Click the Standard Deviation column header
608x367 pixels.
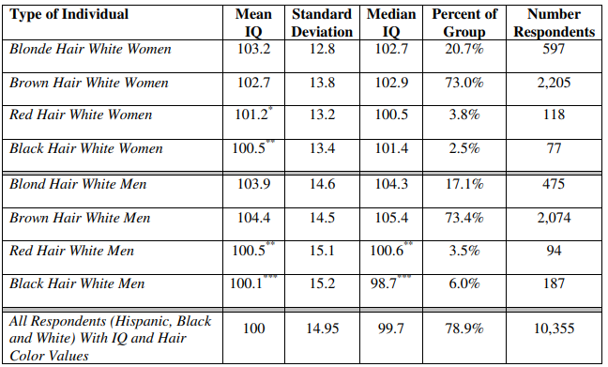pyautogui.click(x=322, y=23)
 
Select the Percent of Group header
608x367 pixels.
pyautogui.click(x=464, y=23)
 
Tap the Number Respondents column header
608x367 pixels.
pyautogui.click(x=555, y=23)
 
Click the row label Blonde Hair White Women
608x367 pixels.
pyautogui.click(x=90, y=49)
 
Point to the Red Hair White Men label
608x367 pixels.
pyautogui.click(x=71, y=251)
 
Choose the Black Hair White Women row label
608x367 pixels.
pyautogui.click(x=86, y=148)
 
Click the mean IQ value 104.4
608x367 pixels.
pyautogui.click(x=253, y=218)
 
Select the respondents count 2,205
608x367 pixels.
pyautogui.click(x=554, y=83)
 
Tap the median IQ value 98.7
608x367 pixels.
pyautogui.click(x=383, y=283)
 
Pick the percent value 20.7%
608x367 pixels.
pyautogui.click(x=464, y=49)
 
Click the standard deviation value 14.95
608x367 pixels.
pyautogui.click(x=322, y=329)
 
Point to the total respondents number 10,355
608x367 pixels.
pyautogui.click(x=555, y=329)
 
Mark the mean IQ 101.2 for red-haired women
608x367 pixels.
pyautogui.click(x=251, y=115)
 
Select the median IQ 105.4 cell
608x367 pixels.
pyautogui.click(x=391, y=218)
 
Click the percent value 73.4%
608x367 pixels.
pyautogui.click(x=464, y=218)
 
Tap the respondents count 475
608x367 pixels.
pyautogui.click(x=554, y=184)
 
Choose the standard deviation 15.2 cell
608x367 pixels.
pyautogui.click(x=322, y=283)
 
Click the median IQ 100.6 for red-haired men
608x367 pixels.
pyautogui.click(x=387, y=251)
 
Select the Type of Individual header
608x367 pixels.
pyautogui.click(x=69, y=15)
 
